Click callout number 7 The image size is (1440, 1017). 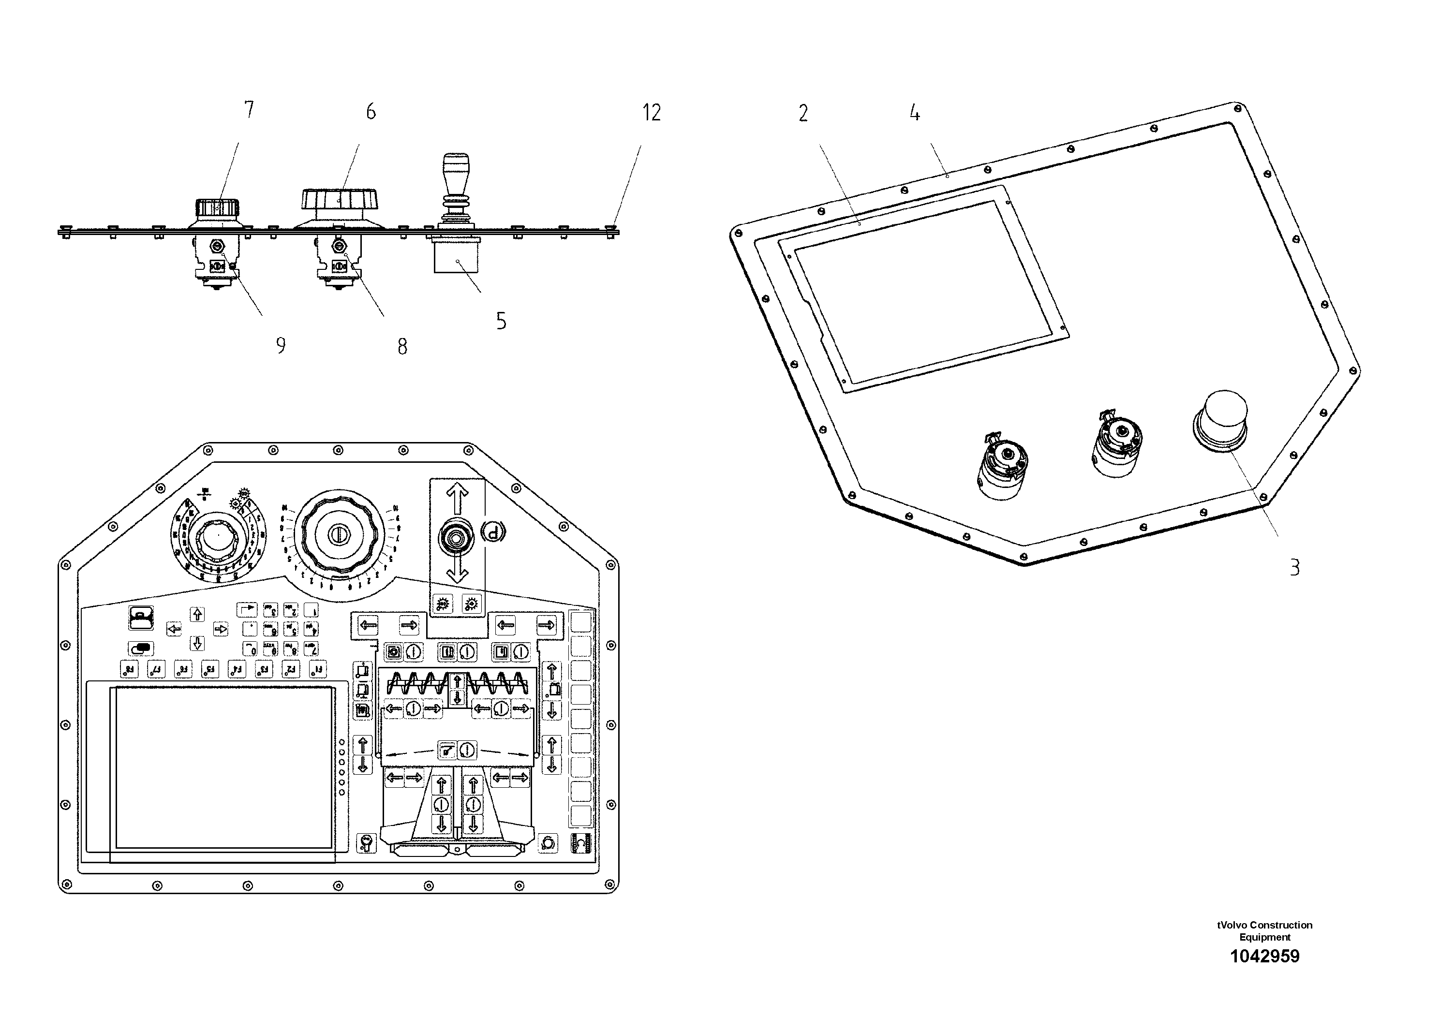[249, 110]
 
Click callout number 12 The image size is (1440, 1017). [652, 113]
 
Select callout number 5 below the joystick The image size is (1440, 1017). [501, 321]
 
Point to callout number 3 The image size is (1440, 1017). [1294, 567]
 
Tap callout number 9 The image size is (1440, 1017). [281, 345]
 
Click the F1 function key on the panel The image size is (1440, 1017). [318, 670]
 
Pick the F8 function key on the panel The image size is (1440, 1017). [129, 670]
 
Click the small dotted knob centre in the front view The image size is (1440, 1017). [218, 536]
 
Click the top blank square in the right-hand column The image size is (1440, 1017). [581, 622]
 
